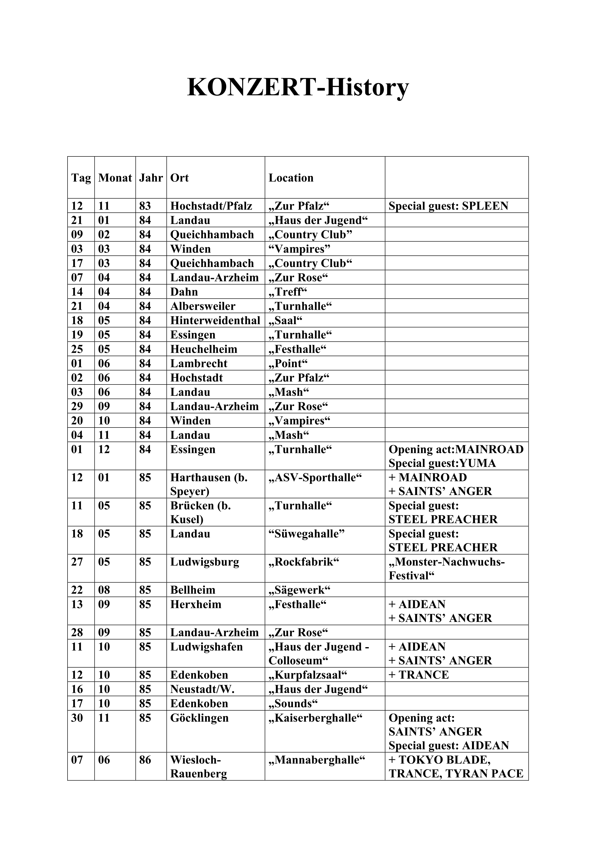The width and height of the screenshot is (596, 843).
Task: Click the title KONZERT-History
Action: (x=298, y=87)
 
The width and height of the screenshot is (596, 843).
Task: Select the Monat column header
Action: (x=115, y=178)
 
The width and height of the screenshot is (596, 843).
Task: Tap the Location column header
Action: (x=291, y=178)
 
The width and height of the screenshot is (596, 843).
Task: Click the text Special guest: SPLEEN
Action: (x=448, y=206)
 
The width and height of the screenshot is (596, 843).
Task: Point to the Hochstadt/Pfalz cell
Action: (x=211, y=206)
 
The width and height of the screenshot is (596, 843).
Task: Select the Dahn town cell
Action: (x=184, y=292)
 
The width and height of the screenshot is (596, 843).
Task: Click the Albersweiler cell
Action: (x=203, y=306)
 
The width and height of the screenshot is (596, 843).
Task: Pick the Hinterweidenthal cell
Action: (x=215, y=321)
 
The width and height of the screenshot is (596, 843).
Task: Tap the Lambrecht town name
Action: (x=199, y=364)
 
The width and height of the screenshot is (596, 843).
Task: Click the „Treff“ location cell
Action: (x=287, y=292)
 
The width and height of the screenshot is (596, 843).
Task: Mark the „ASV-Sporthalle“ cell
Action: (x=315, y=478)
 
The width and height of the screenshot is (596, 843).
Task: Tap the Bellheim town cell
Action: (x=193, y=590)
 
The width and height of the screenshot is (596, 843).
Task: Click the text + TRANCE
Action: (x=419, y=675)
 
